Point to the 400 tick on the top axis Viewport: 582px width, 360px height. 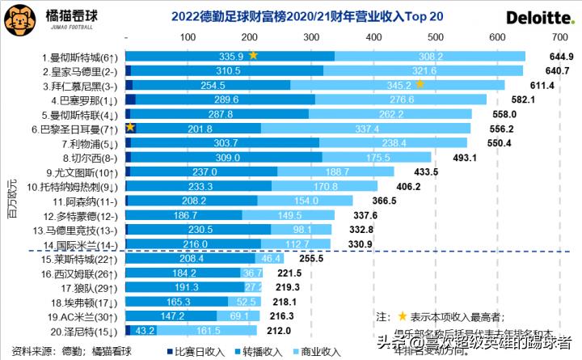click(373, 38)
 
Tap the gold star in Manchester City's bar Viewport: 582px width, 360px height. click(253, 56)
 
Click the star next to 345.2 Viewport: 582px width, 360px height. click(420, 84)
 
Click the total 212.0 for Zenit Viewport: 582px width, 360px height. click(280, 331)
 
